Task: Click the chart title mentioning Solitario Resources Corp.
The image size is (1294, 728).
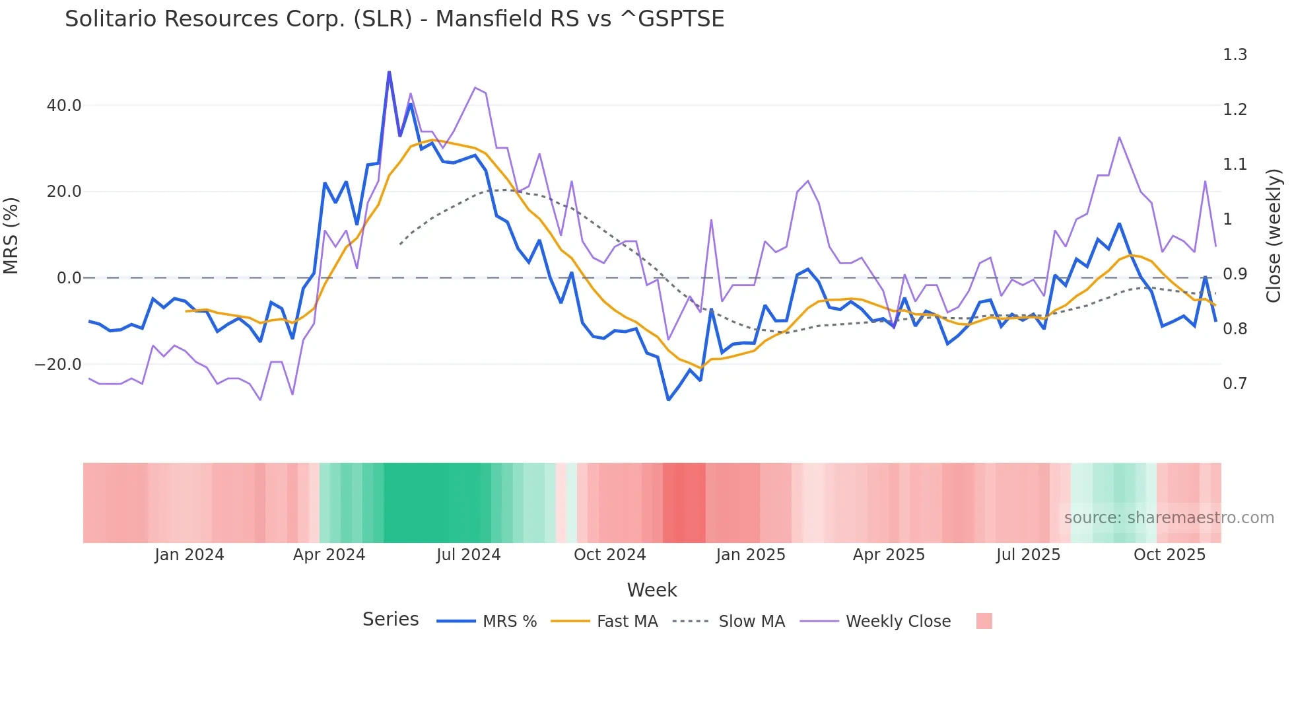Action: [394, 19]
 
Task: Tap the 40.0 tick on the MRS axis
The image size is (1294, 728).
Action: [64, 106]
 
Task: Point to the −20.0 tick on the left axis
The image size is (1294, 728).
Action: [58, 365]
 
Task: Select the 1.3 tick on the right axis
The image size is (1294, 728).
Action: [1235, 55]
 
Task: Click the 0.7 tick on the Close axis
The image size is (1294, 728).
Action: [1235, 384]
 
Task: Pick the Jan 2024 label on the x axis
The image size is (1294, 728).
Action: [189, 555]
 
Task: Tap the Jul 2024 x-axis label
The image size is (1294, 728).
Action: [469, 555]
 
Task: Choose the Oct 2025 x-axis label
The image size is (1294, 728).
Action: [1169, 555]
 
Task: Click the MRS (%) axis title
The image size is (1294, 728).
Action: [11, 235]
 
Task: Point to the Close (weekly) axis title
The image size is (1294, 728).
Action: [1274, 235]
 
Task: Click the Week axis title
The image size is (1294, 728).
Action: [652, 590]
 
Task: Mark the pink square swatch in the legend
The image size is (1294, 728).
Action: [984, 621]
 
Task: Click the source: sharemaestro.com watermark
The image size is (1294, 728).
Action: [1169, 518]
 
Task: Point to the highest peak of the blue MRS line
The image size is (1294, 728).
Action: [389, 72]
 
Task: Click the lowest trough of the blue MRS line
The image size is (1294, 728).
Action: [668, 400]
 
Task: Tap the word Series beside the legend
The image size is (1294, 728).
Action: [390, 620]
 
